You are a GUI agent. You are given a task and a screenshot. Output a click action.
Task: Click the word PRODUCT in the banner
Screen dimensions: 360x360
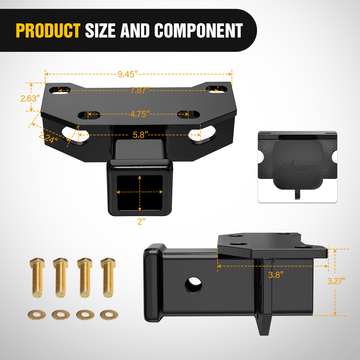coord(48,30)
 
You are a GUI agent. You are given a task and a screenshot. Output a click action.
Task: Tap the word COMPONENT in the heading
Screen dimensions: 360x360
coord(199,30)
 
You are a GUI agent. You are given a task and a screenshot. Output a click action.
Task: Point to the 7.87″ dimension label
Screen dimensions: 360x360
coord(140,90)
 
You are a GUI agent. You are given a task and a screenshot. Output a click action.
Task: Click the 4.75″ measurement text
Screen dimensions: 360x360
coord(140,114)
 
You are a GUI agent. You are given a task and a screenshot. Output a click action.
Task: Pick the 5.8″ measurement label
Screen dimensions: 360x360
coord(140,135)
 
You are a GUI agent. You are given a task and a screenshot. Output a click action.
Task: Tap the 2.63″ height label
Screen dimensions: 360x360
coord(30,99)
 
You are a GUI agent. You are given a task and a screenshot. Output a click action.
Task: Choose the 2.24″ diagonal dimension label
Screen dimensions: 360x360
coord(49,138)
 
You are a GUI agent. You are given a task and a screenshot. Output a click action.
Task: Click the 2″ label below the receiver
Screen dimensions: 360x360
coord(141,221)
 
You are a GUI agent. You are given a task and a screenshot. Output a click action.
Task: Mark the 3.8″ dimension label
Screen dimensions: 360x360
coord(276,275)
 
